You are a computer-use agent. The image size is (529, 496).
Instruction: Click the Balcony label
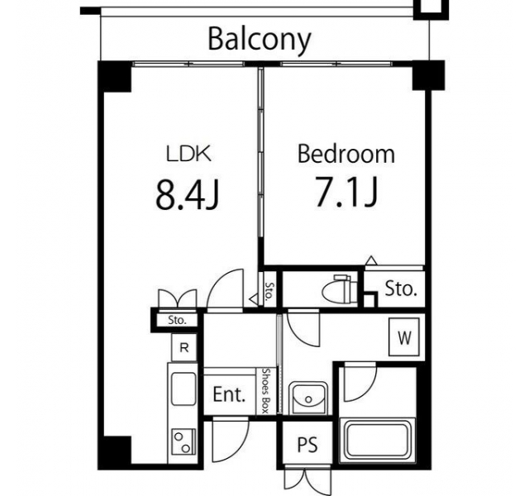click(x=259, y=40)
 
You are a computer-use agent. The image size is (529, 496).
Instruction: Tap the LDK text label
click(x=189, y=154)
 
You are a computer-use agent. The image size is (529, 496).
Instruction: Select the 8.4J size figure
click(x=188, y=194)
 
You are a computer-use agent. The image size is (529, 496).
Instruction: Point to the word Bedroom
click(x=346, y=154)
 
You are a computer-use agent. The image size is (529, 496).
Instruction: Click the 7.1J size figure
click(x=346, y=192)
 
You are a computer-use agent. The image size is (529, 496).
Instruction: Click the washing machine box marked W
click(x=404, y=336)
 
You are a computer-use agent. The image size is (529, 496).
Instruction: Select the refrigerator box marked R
click(x=183, y=347)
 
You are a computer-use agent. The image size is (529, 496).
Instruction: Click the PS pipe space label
click(x=307, y=445)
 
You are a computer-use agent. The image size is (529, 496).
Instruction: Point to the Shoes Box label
click(x=266, y=391)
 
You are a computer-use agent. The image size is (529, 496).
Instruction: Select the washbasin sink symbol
click(x=308, y=398)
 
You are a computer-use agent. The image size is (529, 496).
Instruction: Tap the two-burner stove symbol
click(x=183, y=441)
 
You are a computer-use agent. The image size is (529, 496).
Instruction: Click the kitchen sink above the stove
click(x=183, y=389)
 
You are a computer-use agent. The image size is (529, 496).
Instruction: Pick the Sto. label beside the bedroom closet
click(x=400, y=289)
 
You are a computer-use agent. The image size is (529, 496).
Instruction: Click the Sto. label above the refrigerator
click(x=177, y=320)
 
